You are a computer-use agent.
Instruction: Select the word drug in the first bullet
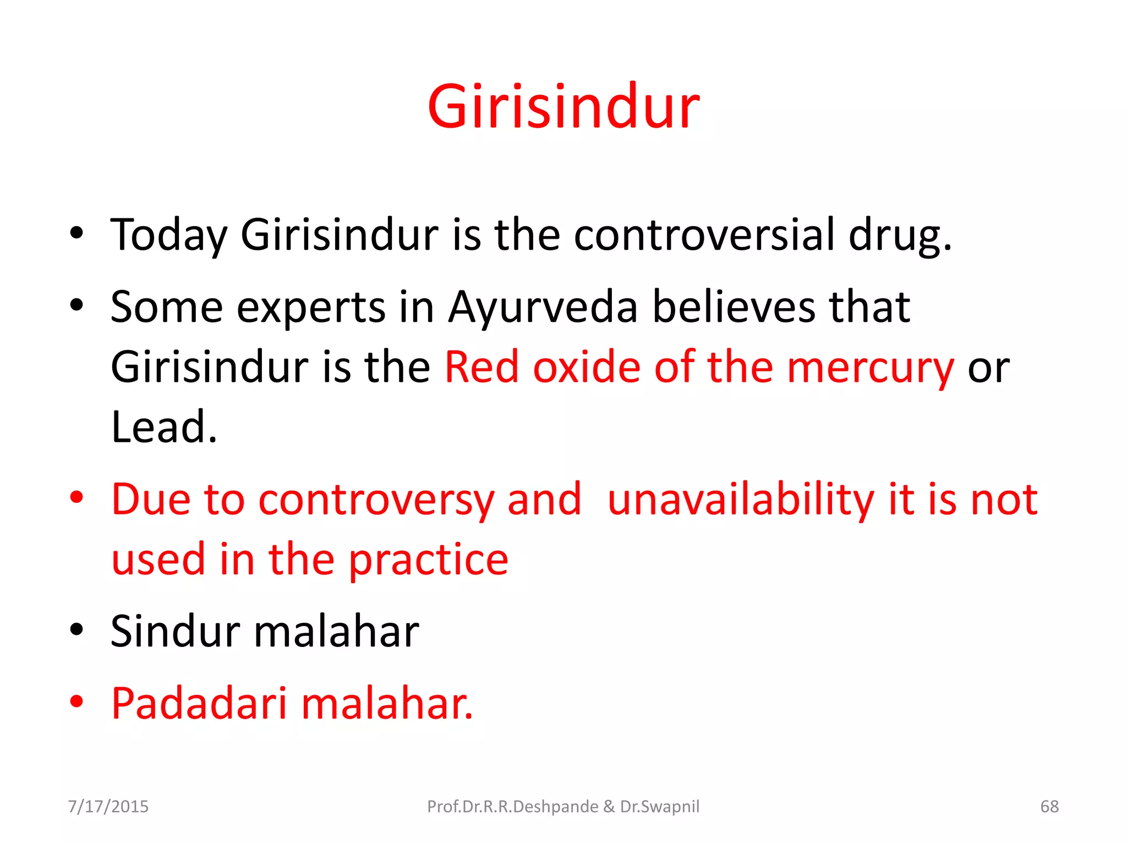[899, 235]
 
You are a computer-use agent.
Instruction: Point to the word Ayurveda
[543, 308]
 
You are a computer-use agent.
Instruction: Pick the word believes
[734, 306]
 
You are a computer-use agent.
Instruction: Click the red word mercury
[871, 368]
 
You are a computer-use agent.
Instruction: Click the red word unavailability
[741, 500]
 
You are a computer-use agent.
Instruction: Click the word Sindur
[176, 631]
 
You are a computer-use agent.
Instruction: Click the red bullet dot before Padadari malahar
[76, 701]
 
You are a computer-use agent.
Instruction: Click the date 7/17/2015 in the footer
[108, 806]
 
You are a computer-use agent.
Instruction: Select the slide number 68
[1049, 806]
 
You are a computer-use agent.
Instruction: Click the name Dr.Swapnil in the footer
[659, 806]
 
